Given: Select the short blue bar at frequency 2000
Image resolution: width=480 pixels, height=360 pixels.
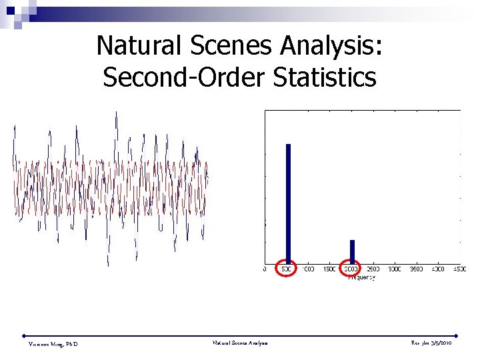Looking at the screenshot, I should pos(352,250).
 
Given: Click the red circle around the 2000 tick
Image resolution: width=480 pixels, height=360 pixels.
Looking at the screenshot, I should pos(351,269).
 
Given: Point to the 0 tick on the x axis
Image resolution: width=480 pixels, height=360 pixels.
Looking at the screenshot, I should pos(265,269).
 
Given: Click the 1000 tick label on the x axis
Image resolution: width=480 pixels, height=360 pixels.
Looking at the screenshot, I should pos(309,269).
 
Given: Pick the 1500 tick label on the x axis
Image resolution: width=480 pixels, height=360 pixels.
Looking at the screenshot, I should pos(330,269).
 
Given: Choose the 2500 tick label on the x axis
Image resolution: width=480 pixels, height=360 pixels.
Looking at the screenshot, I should pos(373,269).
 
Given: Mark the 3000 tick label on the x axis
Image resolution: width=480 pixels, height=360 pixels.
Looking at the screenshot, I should pos(395,269).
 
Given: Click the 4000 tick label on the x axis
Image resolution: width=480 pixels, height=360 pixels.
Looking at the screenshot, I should pos(438,269).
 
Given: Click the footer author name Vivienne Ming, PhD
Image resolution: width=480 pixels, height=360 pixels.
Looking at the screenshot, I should pos(53,343).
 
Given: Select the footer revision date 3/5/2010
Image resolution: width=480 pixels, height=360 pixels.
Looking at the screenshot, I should pos(442,343).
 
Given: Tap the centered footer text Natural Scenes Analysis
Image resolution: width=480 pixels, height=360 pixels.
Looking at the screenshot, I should pos(240,343).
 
